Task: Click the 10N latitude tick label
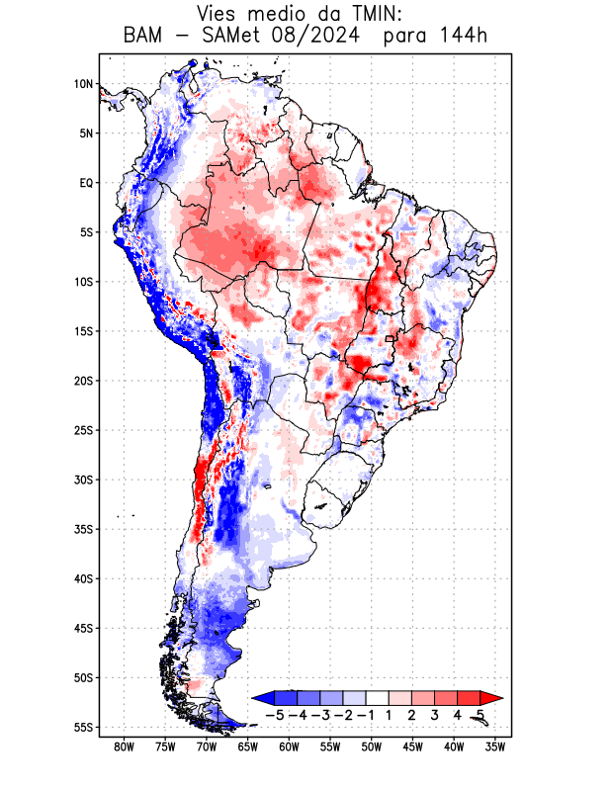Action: (x=84, y=84)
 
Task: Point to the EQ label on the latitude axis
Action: (x=86, y=183)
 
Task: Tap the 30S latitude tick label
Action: (x=84, y=480)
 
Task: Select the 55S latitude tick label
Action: (x=84, y=728)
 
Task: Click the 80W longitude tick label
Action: (x=125, y=747)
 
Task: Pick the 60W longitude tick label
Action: (x=289, y=747)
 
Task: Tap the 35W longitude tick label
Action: (x=495, y=747)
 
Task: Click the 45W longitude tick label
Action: (x=413, y=747)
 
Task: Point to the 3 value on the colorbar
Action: (x=435, y=715)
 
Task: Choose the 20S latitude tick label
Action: (x=84, y=381)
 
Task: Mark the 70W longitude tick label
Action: (x=207, y=747)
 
